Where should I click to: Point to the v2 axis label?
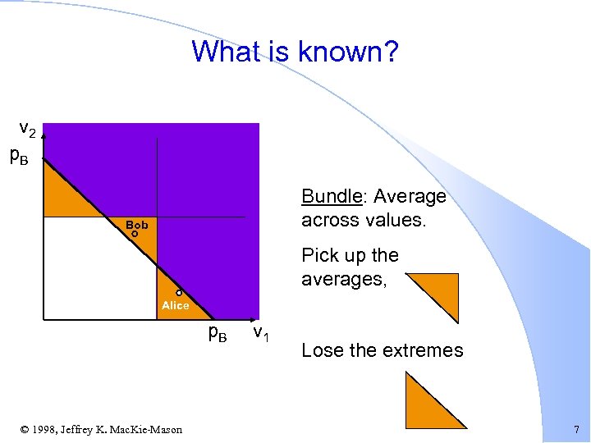click(x=28, y=130)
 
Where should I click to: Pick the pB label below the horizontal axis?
click(x=218, y=332)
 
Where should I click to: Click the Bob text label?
click(x=137, y=224)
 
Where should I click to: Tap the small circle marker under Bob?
click(x=135, y=234)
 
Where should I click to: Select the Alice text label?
click(x=176, y=305)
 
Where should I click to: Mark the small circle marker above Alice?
click(x=178, y=293)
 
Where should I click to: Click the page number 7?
click(x=576, y=429)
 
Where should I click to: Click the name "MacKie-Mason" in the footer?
click(x=150, y=429)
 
